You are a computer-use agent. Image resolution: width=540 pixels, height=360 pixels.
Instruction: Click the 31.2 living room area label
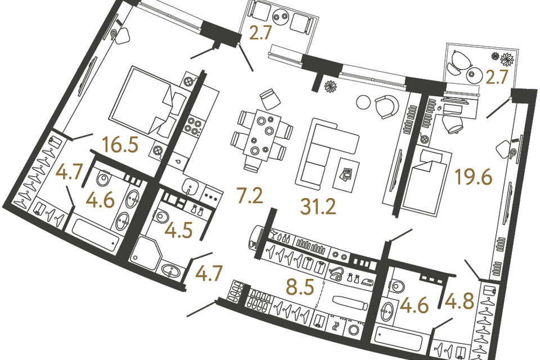coord(318,207)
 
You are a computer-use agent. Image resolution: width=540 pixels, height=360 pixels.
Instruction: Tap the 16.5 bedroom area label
coord(120,145)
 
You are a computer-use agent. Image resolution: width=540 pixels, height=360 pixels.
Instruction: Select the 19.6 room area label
coord(474,177)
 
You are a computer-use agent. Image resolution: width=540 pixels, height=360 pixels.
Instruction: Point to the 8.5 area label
coord(300,287)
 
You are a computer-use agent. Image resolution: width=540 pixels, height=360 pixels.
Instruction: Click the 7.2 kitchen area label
coord(250,195)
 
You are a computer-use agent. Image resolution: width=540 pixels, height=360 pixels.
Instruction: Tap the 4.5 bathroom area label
coord(178,230)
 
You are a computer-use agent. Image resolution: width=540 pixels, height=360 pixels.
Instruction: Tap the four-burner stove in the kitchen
coord(194,125)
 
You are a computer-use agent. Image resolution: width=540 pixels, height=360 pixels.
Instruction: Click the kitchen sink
coord(190,187)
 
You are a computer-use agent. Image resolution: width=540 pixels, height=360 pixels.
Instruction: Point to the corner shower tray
coord(146,253)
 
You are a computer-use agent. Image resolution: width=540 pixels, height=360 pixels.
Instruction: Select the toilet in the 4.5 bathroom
coord(161,217)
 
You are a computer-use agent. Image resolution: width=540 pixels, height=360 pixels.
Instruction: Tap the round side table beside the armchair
coord(363,102)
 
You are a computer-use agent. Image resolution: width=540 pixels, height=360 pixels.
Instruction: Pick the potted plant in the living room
coord(331,85)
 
